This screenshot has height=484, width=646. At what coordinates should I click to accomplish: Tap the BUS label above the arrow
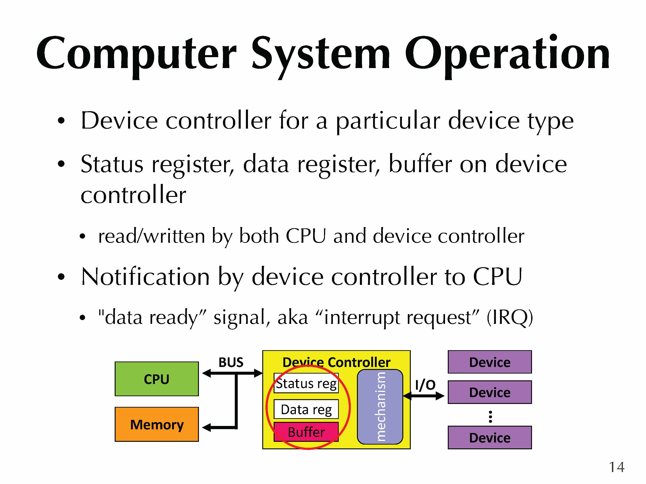tap(231, 362)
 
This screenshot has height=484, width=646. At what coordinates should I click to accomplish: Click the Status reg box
tap(306, 383)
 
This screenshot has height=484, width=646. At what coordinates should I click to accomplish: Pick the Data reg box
tap(306, 409)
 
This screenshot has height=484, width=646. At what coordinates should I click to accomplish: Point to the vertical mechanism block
tap(380, 407)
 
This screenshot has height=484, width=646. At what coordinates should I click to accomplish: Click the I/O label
tap(425, 385)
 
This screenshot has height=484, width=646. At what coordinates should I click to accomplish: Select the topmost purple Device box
tap(490, 362)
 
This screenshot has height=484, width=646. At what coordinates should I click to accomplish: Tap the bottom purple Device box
tap(490, 437)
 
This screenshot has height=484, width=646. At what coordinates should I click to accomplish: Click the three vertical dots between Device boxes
tap(490, 417)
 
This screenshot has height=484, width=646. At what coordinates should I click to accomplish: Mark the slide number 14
tap(616, 467)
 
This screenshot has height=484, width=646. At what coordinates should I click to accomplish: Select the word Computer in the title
tap(136, 55)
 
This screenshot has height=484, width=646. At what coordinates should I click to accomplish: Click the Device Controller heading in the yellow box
tap(337, 362)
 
